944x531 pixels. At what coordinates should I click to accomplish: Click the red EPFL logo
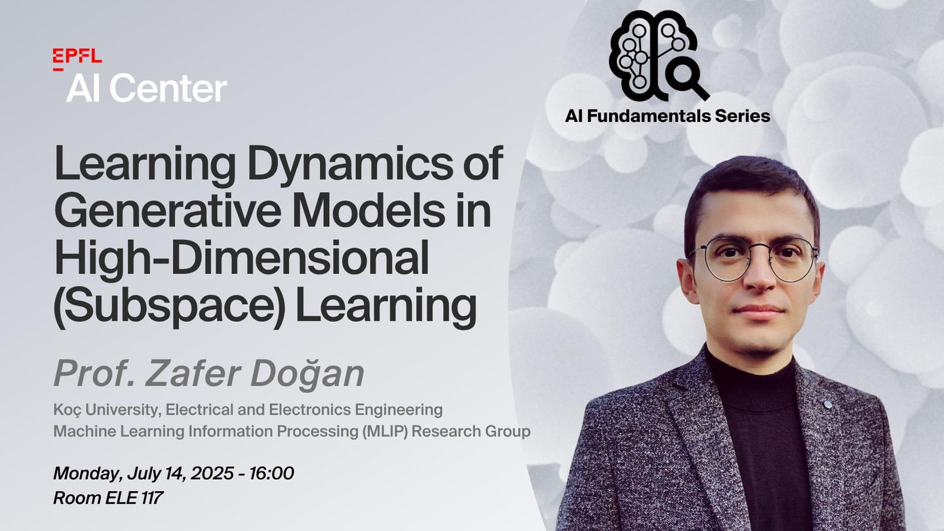click(77, 59)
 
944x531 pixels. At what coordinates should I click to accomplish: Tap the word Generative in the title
click(168, 210)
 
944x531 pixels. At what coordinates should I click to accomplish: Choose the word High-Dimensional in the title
click(241, 258)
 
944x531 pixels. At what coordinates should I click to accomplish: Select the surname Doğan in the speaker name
click(307, 374)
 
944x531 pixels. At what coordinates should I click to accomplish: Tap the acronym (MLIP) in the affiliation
click(385, 431)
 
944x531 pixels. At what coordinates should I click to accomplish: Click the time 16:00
click(272, 473)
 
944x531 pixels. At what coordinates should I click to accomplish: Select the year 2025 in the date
click(212, 473)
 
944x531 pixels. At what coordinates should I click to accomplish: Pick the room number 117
click(152, 498)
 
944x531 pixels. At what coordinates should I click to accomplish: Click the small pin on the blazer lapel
click(828, 404)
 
